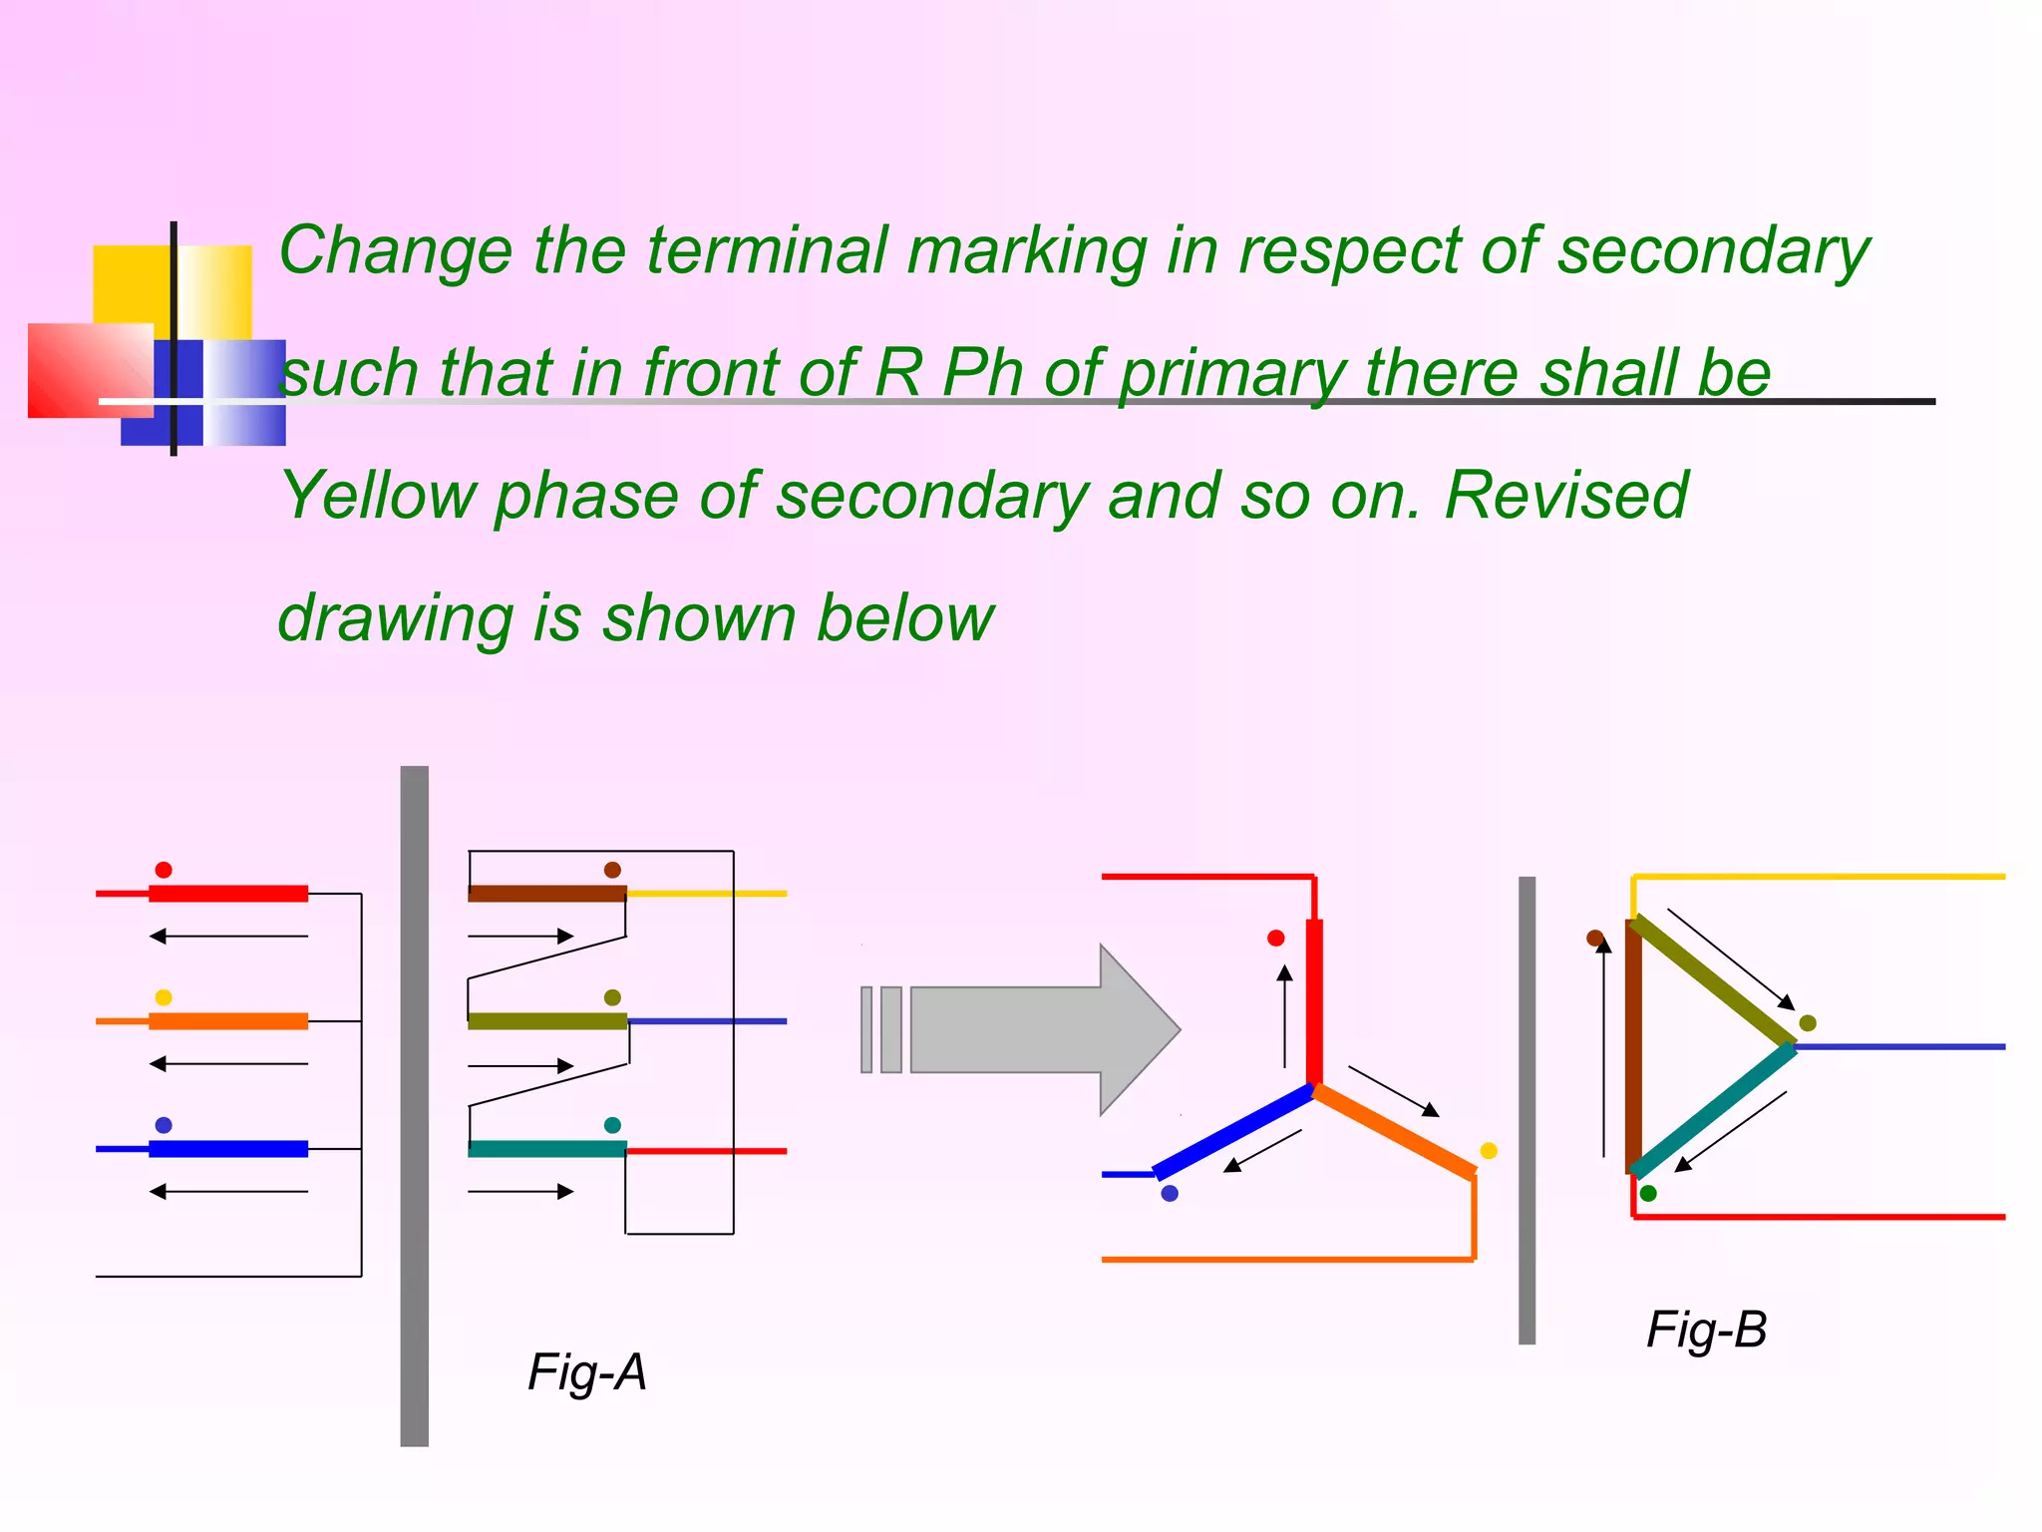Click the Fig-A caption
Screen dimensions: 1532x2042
587,1372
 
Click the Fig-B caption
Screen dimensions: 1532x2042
1706,1330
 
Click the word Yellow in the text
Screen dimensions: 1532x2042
378,496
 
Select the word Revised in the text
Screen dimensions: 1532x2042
1565,496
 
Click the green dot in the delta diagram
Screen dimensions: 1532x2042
1648,1194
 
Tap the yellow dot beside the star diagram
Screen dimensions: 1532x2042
1489,1151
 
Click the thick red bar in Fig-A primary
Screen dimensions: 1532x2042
228,894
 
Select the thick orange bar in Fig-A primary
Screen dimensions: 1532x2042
228,1021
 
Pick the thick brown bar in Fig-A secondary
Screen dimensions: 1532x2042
546,894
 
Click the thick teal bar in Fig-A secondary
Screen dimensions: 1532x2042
546,1149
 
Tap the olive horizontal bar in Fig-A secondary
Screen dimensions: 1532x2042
546,1021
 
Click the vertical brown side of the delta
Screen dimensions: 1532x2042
1633,1047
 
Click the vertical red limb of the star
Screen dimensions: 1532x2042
1314,1002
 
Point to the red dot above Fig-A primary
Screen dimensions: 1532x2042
164,870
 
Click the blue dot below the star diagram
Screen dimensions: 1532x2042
1170,1194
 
